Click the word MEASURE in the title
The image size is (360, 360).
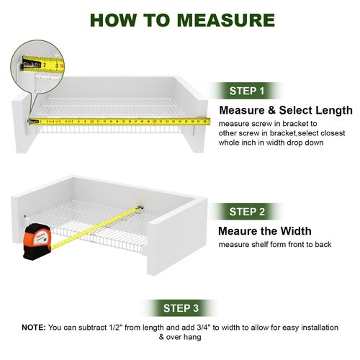pyautogui.click(x=226, y=20)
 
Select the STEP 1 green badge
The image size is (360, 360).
pyautogui.click(x=247, y=91)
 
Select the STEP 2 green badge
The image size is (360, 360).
pyautogui.click(x=247, y=212)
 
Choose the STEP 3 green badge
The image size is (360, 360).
pyautogui.click(x=181, y=308)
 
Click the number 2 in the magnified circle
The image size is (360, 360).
pyautogui.click(x=45, y=65)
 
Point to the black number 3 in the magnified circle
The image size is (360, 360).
pyautogui.click(x=57, y=66)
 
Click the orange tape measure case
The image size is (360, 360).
pyautogui.click(x=37, y=242)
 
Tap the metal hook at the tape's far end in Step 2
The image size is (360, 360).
pyautogui.click(x=140, y=208)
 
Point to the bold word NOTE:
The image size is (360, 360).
pyautogui.click(x=34, y=328)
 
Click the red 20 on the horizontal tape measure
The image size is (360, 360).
pyautogui.click(x=154, y=122)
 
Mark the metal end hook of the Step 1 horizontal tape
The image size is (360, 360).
pyautogui.click(x=30, y=122)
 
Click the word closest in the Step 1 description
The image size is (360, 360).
pyautogui.click(x=333, y=133)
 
